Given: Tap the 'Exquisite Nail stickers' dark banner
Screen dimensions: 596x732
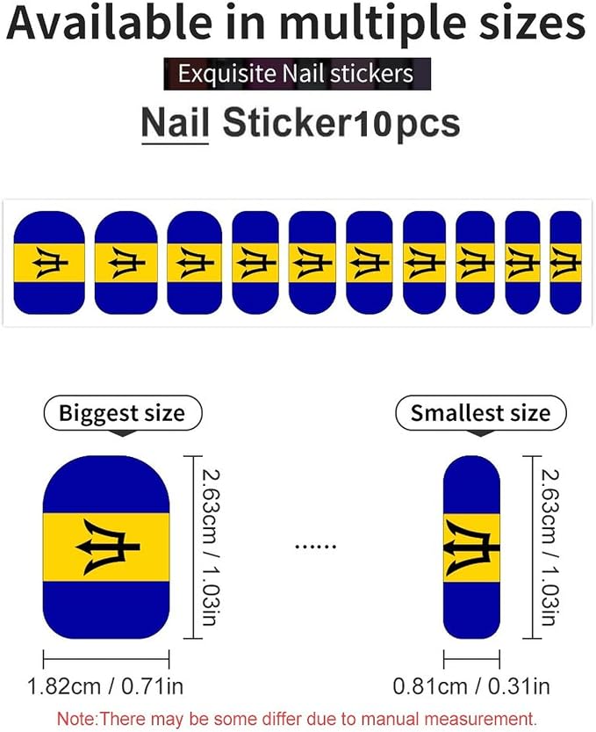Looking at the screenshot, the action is click(297, 74).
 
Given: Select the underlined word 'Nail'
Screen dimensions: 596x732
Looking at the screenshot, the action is click(175, 122).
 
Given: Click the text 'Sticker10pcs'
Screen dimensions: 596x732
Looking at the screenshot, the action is click(341, 124).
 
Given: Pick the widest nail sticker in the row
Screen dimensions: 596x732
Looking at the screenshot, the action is click(49, 263).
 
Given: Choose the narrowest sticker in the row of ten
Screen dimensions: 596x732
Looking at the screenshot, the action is click(565, 263).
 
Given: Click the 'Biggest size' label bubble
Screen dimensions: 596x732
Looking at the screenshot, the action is click(122, 413).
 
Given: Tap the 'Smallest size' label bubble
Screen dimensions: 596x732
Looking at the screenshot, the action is click(481, 413).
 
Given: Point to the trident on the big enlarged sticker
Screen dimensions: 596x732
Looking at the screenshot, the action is click(108, 547).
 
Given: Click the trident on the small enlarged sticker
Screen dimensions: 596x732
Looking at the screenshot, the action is click(471, 547).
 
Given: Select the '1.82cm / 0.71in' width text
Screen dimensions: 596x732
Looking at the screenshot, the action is click(105, 686).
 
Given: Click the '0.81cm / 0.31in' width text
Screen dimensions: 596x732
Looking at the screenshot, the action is click(471, 686).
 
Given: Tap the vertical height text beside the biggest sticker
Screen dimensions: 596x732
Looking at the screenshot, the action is click(212, 547).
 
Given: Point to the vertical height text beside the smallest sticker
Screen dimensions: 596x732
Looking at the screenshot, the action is click(549, 547).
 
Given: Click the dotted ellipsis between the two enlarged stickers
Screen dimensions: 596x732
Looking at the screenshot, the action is click(316, 547).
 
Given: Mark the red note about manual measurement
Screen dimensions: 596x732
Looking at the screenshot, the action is click(297, 719).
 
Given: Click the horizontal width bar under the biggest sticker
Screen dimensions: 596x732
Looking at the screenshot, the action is click(106, 659).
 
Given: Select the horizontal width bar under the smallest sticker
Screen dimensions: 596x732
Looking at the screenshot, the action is click(471, 659).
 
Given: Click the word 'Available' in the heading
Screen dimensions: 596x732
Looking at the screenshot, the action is click(110, 23).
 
